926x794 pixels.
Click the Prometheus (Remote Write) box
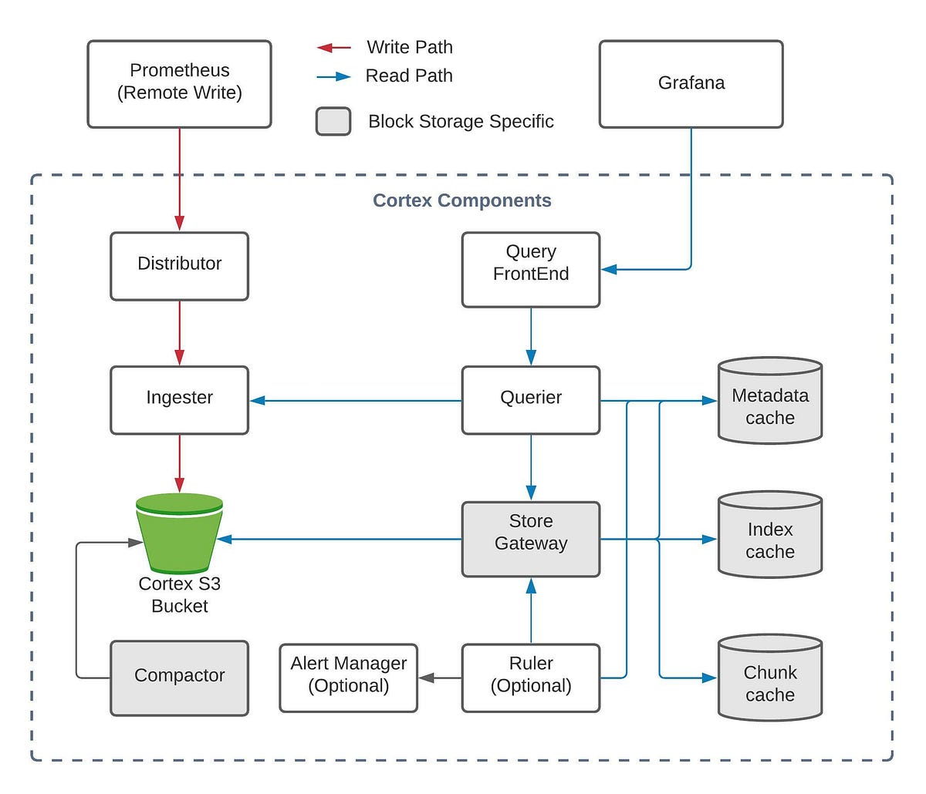pyautogui.click(x=179, y=84)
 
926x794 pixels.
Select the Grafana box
pyautogui.click(x=691, y=84)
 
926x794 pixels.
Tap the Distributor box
pyautogui.click(x=179, y=266)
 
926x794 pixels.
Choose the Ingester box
pyautogui.click(x=179, y=400)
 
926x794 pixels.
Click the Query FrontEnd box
pyautogui.click(x=530, y=269)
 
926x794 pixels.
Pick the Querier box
pyautogui.click(x=530, y=400)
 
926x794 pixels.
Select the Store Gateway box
pyautogui.click(x=530, y=539)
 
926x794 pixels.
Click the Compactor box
pyautogui.click(x=179, y=678)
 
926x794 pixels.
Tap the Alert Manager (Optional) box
pyautogui.click(x=348, y=678)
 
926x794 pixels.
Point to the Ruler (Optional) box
pyautogui.click(x=530, y=678)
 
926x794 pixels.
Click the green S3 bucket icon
pyautogui.click(x=179, y=532)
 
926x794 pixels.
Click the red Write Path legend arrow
pyautogui.click(x=333, y=48)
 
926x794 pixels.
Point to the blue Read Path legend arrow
pyautogui.click(x=333, y=76)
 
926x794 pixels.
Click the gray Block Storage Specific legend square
pyautogui.click(x=333, y=122)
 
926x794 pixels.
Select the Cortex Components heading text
pyautogui.click(x=461, y=200)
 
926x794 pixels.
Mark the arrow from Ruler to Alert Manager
pyautogui.click(x=440, y=678)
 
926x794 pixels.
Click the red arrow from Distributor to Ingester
pyautogui.click(x=180, y=332)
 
